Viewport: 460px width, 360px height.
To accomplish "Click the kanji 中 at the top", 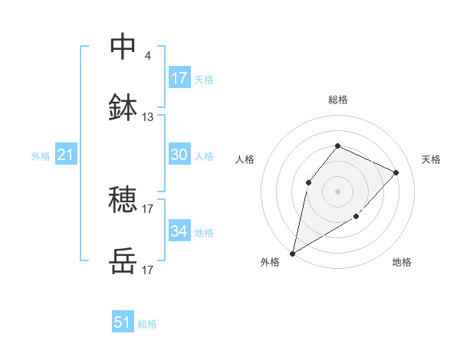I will pos(123,47).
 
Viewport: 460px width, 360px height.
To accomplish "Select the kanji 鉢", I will pos(123,108).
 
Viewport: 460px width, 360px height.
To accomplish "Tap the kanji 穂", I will pos(123,200).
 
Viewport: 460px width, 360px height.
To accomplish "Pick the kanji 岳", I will pos(123,261).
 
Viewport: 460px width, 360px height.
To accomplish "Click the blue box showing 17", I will pos(179,78).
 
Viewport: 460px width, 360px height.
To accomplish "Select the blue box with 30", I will pos(179,155).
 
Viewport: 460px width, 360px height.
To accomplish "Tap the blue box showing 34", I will pos(179,231).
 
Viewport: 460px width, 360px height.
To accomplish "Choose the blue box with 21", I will pos(65,155).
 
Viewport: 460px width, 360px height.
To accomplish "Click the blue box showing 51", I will pos(123,322).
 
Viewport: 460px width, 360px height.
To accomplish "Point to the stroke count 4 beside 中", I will pos(147,56).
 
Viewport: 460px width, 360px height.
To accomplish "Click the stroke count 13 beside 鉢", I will pos(148,117).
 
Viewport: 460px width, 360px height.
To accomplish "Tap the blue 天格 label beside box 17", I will pos(203,79).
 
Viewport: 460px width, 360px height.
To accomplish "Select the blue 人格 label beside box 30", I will pos(203,155).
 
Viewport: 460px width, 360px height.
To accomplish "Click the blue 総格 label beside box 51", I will pos(147,324).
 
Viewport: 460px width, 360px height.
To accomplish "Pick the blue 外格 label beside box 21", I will pos(41,156).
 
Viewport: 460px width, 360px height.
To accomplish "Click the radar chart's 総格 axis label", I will pos(337,100).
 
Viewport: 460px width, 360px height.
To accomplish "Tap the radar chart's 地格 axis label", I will pos(402,262).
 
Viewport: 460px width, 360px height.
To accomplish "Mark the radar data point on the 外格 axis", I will pos(292,253).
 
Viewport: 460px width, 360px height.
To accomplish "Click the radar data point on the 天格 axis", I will pos(396,172).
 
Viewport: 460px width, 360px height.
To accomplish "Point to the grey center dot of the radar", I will pos(337,191).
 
